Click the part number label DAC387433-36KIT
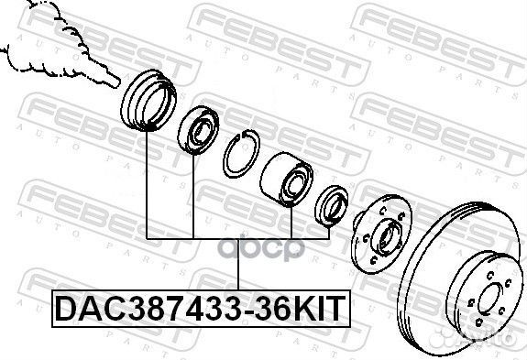[201, 309]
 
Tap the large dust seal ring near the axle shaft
[148, 100]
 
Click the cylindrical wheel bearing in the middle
[286, 179]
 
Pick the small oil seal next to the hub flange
[332, 206]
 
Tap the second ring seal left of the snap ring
[198, 130]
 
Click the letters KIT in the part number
[318, 309]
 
